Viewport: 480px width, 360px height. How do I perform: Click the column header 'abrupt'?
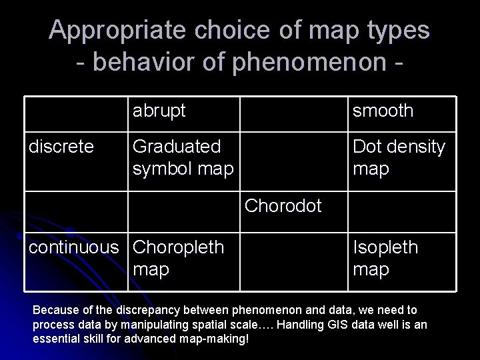pos(159,111)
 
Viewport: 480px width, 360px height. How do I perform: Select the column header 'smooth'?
pos(383,111)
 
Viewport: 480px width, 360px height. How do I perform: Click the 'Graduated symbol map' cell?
pos(183,157)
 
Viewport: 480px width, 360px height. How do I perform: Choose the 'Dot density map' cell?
pos(398,157)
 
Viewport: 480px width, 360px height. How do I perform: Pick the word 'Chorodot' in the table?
pos(283,205)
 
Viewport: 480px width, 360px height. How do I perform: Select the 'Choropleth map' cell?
pos(178,258)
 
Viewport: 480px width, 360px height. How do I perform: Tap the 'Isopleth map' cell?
pos(385,258)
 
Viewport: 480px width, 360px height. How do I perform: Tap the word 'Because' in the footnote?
pos(55,310)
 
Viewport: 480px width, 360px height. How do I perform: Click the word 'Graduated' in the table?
pos(177,146)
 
